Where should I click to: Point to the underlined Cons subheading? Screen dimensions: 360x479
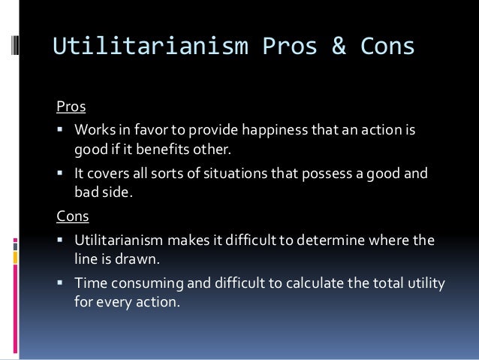[73, 216]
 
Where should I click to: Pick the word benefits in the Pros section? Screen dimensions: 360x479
[170, 149]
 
